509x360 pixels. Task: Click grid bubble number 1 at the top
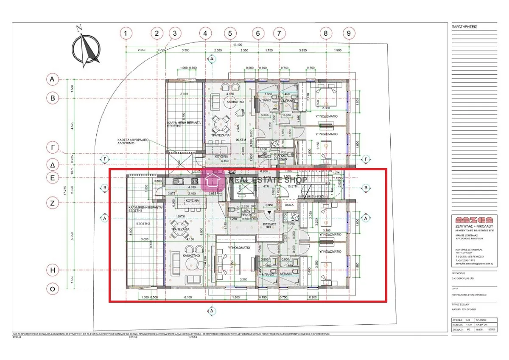click(x=126, y=33)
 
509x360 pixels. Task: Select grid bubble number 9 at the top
click(x=349, y=33)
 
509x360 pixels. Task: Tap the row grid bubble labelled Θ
click(x=53, y=289)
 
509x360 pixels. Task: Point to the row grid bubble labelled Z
click(x=53, y=203)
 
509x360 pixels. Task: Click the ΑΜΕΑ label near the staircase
click(x=289, y=205)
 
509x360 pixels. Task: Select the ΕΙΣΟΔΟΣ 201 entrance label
click(x=270, y=226)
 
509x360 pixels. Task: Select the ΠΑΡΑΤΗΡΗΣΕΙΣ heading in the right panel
click(x=465, y=26)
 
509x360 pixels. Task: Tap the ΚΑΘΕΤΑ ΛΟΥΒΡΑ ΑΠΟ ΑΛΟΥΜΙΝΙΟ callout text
click(x=133, y=141)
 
